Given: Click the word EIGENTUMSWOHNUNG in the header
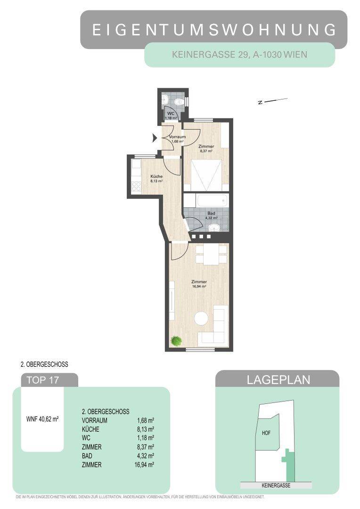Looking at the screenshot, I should pos(214,30).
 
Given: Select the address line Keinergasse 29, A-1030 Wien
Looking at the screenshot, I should pos(239,55).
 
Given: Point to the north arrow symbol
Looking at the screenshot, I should pos(273,101).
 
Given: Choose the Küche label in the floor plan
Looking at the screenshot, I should pos(156,177).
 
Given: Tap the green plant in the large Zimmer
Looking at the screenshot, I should pos(176,340).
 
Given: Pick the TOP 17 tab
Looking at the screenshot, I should pos(43,380).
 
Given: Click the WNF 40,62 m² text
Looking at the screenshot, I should pos(42,418).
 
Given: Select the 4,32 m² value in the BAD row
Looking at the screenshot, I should pos(147,456).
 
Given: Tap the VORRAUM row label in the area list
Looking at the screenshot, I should pos(95,420).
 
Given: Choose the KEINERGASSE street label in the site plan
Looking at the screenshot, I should pos(276,485).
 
